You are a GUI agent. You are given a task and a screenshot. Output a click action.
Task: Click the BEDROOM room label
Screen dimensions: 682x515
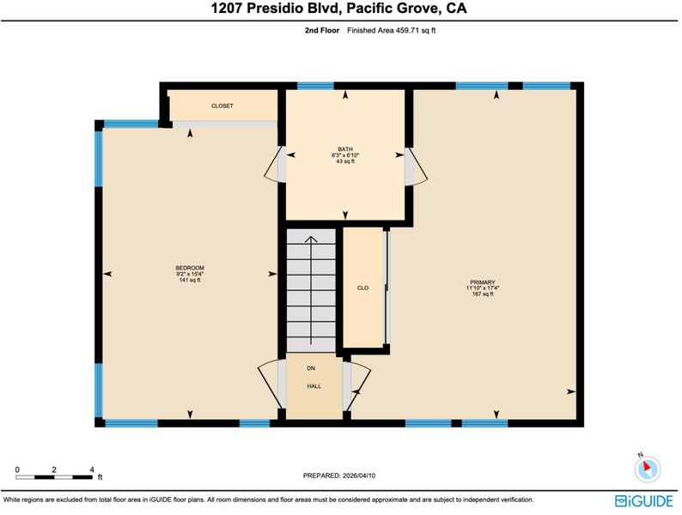[x=190, y=268]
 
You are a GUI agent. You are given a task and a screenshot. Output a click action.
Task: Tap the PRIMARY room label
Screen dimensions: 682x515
[x=483, y=282]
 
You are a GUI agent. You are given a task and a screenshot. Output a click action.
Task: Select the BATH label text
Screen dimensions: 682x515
[x=345, y=149]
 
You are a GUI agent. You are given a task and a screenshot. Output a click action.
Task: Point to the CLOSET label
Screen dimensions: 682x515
[x=222, y=106]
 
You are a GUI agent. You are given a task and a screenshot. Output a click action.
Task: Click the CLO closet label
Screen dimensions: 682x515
[x=362, y=288]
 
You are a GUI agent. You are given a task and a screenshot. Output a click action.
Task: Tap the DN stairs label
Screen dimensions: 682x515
[x=311, y=368]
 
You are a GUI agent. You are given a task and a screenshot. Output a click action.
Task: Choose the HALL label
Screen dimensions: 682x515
[x=314, y=386]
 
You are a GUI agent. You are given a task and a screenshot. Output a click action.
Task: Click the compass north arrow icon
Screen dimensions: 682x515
[x=647, y=469]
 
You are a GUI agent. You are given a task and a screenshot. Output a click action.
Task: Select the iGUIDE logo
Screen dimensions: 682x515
[x=644, y=501]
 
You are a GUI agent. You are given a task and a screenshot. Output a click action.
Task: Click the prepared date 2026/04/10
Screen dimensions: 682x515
[x=359, y=476]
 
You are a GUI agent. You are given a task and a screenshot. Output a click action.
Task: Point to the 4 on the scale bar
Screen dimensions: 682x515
[x=92, y=470]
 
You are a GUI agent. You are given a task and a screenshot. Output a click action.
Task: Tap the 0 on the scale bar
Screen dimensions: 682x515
[x=17, y=470]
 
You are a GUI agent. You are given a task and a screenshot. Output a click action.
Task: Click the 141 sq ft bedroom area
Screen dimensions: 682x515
[x=190, y=280]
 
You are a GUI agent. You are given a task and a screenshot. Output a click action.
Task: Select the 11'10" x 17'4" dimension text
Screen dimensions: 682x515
[x=483, y=288]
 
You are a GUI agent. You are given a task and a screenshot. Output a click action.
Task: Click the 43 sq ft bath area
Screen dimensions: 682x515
[x=345, y=161]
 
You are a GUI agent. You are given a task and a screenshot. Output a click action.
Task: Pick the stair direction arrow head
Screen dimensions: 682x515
[x=311, y=239]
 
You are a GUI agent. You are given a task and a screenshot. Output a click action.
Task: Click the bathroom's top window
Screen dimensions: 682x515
[x=315, y=86]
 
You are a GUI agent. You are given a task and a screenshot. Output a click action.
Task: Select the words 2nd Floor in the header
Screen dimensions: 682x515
[x=322, y=30]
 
